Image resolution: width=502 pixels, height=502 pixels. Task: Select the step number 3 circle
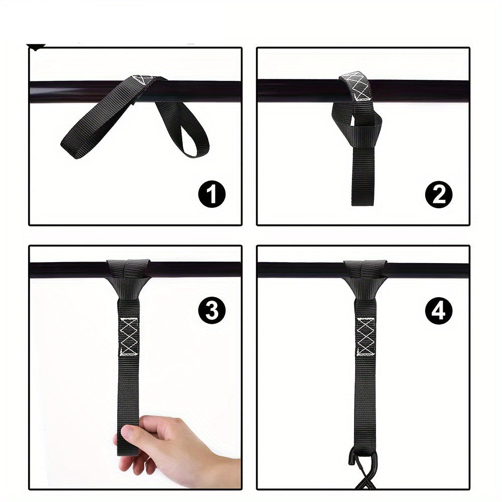click(x=212, y=311)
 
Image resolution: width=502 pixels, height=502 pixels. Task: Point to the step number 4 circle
click(x=439, y=311)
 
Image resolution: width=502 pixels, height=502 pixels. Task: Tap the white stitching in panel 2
click(x=357, y=86)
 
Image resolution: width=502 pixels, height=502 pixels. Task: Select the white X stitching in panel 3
click(x=129, y=336)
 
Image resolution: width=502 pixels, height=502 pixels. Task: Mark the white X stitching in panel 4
click(x=365, y=336)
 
